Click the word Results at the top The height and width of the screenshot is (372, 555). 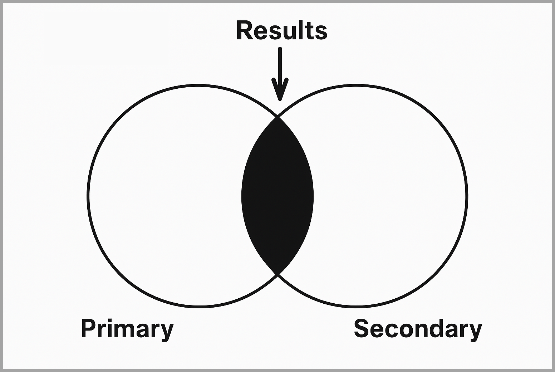pyautogui.click(x=281, y=30)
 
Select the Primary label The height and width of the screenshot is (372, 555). pyautogui.click(x=127, y=328)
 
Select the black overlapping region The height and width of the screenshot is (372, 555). pyautogui.click(x=277, y=196)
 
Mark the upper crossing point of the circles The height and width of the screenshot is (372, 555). pyautogui.click(x=277, y=117)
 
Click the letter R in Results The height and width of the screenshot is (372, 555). pyautogui.click(x=245, y=30)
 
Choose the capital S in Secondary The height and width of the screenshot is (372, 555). pyautogui.click(x=361, y=328)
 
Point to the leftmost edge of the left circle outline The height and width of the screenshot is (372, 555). pyautogui.click(x=88, y=196)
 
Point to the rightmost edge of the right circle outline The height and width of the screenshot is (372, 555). pyautogui.click(x=467, y=196)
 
